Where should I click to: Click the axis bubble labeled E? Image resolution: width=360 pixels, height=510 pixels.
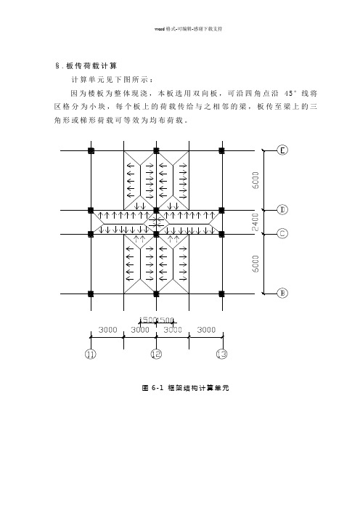click(x=282, y=150)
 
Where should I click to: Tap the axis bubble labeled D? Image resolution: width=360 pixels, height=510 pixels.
click(x=282, y=210)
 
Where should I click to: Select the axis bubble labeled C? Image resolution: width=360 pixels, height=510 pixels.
click(x=282, y=233)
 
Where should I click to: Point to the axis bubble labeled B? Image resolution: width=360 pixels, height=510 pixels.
click(x=282, y=293)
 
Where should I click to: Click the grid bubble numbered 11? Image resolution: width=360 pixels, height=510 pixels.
click(x=90, y=354)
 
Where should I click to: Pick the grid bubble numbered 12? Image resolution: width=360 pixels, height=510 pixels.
click(x=156, y=354)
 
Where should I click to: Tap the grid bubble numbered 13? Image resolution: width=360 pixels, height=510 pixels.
click(x=222, y=354)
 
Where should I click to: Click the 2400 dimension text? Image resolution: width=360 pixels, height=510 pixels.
click(x=255, y=222)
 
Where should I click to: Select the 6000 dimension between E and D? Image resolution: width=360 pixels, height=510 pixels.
click(x=255, y=180)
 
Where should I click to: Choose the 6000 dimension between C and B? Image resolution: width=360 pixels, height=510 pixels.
click(x=255, y=264)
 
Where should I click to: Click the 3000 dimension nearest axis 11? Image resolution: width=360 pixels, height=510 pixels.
click(x=107, y=330)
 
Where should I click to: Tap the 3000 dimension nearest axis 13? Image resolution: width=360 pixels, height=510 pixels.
click(x=206, y=330)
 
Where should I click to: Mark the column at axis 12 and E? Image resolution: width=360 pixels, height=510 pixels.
click(x=156, y=150)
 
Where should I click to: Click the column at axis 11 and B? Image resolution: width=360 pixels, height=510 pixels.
click(x=91, y=294)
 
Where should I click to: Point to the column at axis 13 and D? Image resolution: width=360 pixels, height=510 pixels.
click(x=221, y=210)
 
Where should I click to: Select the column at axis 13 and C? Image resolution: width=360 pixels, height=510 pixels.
click(x=221, y=234)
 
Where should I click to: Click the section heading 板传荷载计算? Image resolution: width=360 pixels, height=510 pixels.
click(x=91, y=65)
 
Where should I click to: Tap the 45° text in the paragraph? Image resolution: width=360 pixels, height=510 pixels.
click(x=290, y=93)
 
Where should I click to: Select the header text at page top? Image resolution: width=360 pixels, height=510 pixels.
click(x=189, y=28)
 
